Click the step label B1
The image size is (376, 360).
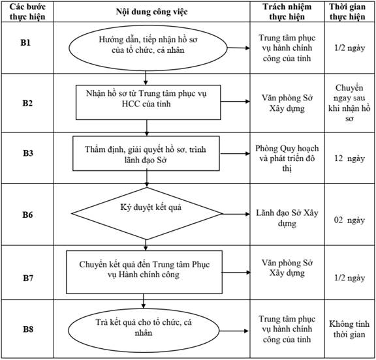[x=25, y=42]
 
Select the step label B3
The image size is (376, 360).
[x=28, y=153]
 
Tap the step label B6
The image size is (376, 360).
[x=27, y=215]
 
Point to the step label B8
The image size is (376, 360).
[x=28, y=329]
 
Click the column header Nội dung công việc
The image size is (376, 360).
[x=152, y=12]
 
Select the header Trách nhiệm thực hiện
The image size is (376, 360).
[x=287, y=12]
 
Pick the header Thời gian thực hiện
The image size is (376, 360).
[x=347, y=12]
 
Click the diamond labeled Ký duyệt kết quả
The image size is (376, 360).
[x=147, y=213]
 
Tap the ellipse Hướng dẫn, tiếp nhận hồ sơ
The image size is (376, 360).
[x=148, y=48]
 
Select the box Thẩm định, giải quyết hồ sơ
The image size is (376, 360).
[x=146, y=153]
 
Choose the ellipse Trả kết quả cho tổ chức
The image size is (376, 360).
[x=144, y=331]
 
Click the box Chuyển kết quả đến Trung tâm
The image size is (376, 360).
[x=144, y=272]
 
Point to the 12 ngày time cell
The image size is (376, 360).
[x=349, y=158]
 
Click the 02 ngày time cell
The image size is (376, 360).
[x=349, y=220]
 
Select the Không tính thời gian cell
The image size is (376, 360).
[x=349, y=329]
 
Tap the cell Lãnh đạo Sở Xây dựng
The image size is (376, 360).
[x=287, y=218]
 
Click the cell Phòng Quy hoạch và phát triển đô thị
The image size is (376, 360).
[x=287, y=158]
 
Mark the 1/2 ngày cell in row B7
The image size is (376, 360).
[x=350, y=278]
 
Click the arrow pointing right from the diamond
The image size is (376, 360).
[x=236, y=214]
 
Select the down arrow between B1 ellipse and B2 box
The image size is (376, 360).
[x=146, y=78]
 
